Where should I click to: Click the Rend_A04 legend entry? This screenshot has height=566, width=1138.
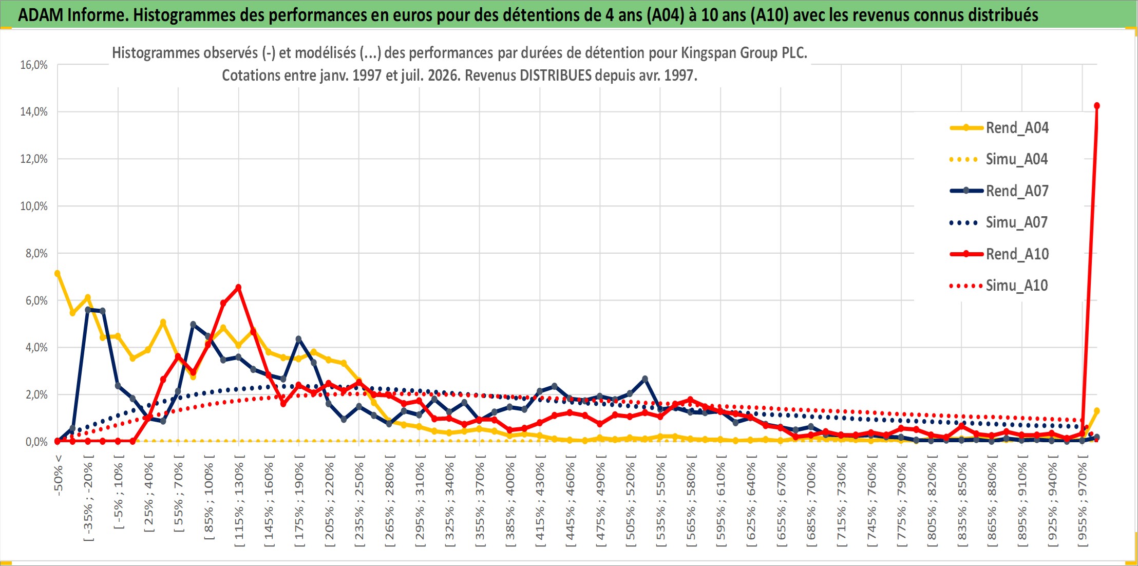click(999, 127)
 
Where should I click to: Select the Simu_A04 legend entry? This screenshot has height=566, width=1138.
click(999, 159)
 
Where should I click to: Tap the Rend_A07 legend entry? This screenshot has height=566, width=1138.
click(999, 191)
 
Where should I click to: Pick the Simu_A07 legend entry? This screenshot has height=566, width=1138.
click(999, 222)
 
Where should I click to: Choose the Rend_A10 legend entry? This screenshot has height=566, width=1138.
click(999, 254)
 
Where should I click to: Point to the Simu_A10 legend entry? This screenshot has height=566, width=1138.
click(999, 286)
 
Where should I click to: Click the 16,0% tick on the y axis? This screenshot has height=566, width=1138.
click(34, 65)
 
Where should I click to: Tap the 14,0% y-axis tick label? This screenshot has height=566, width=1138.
click(34, 111)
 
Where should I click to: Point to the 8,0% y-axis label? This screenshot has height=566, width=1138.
click(36, 253)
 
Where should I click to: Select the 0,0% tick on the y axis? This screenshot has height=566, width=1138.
click(36, 442)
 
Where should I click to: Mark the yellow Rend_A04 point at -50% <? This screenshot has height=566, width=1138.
click(58, 273)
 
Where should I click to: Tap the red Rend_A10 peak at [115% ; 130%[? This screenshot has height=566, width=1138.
click(238, 287)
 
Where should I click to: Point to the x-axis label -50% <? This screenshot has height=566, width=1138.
click(58, 475)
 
